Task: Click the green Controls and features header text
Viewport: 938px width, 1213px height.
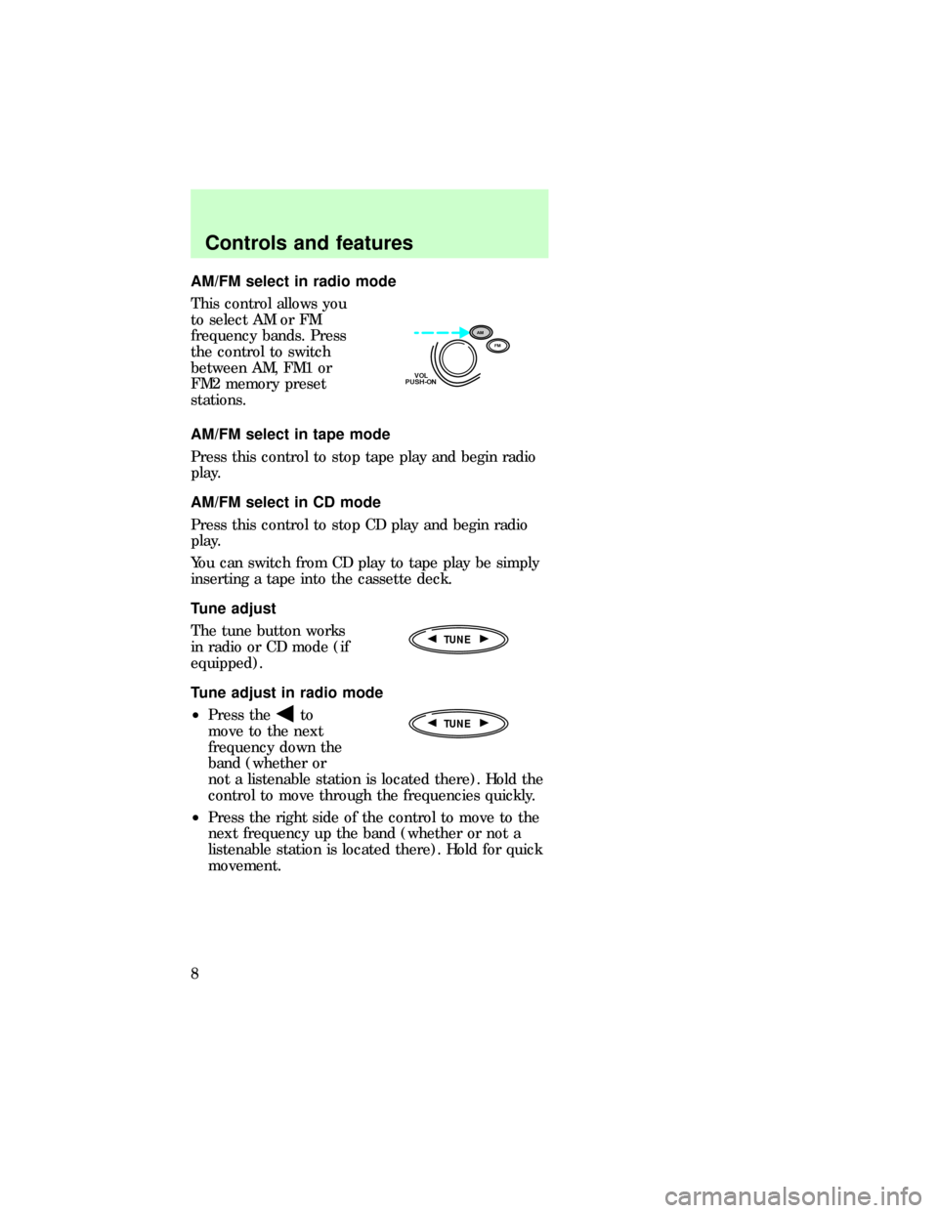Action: pyautogui.click(x=309, y=243)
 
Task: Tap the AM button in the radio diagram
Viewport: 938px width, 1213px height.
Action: pyautogui.click(x=480, y=332)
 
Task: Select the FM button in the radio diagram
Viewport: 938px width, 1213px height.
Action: pyautogui.click(x=501, y=346)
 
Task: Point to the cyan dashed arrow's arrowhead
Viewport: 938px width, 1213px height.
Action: pyautogui.click(x=464, y=332)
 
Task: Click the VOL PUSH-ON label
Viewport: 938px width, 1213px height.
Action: pyautogui.click(x=420, y=379)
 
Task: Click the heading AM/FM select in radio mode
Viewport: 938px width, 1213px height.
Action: pyautogui.click(x=293, y=282)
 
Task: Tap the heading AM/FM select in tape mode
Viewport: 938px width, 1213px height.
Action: pyautogui.click(x=290, y=434)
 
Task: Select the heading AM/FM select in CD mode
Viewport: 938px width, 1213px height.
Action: pyautogui.click(x=286, y=502)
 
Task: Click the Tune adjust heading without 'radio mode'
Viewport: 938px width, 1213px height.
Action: pyautogui.click(x=234, y=607)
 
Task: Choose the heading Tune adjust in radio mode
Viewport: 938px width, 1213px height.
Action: pyautogui.click(x=287, y=692)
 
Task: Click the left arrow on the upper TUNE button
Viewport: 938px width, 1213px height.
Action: pyautogui.click(x=432, y=639)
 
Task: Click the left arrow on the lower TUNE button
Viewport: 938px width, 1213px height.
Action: pyautogui.click(x=432, y=724)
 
